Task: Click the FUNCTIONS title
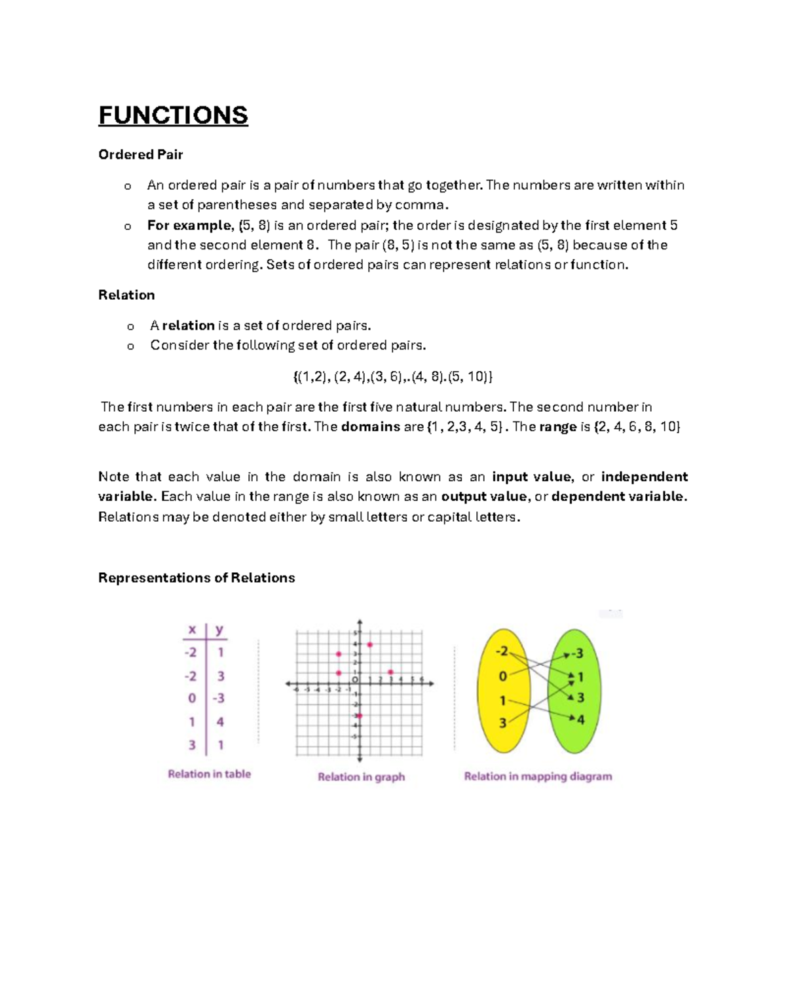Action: click(173, 115)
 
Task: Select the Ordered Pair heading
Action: click(140, 155)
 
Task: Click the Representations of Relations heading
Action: click(196, 577)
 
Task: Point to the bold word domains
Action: click(370, 427)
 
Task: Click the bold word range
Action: click(557, 427)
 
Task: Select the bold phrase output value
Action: click(483, 496)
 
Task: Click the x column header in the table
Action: click(192, 630)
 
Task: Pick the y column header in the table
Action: click(219, 630)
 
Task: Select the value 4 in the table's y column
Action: click(220, 721)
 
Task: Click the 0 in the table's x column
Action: click(192, 698)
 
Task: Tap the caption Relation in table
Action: click(209, 774)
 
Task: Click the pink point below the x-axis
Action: click(359, 716)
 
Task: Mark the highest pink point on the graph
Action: click(370, 645)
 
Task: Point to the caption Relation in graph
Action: click(361, 776)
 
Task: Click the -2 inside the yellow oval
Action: click(502, 651)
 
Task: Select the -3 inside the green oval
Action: click(576, 653)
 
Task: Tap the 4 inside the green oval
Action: click(580, 719)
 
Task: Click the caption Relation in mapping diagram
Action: click(538, 776)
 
